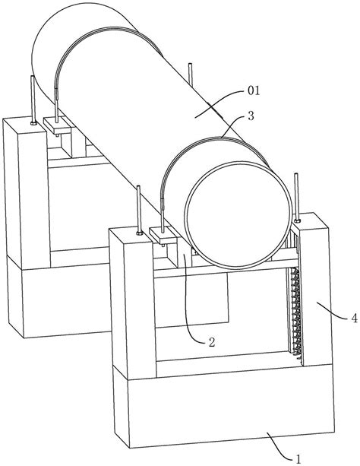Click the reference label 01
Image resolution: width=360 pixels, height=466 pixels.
click(254, 90)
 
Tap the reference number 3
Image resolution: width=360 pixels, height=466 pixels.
click(251, 116)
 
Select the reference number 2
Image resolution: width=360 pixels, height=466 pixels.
click(211, 342)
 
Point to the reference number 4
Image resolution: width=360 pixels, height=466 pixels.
click(354, 319)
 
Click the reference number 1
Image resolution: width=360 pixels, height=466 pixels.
click(298, 459)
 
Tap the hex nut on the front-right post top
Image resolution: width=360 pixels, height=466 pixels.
click(297, 220)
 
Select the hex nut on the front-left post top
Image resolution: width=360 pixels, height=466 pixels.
click(139, 233)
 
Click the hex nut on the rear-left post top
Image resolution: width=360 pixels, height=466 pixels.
click(33, 122)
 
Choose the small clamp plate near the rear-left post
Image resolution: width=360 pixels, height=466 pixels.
click(57, 125)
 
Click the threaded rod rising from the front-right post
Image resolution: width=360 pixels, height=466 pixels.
click(296, 196)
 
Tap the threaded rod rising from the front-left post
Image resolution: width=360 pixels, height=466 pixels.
click(138, 208)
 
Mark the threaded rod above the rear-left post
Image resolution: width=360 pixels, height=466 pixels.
click(33, 98)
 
